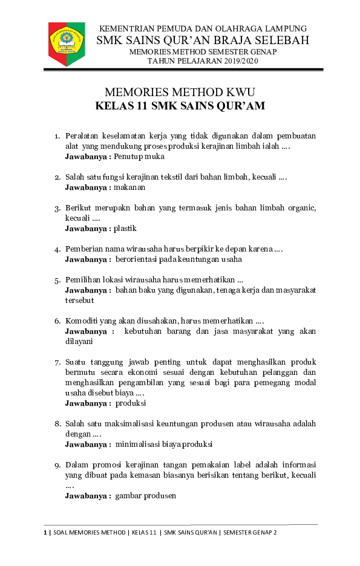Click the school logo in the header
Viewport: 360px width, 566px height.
(x=67, y=44)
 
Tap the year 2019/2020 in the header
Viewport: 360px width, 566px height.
(x=223, y=62)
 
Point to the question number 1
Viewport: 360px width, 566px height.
(x=57, y=136)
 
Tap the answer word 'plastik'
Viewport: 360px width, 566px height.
(x=125, y=229)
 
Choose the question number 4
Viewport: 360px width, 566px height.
(x=57, y=249)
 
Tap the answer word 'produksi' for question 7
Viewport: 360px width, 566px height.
(x=131, y=403)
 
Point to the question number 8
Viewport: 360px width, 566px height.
(x=57, y=424)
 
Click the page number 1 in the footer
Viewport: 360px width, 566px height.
(x=45, y=532)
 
